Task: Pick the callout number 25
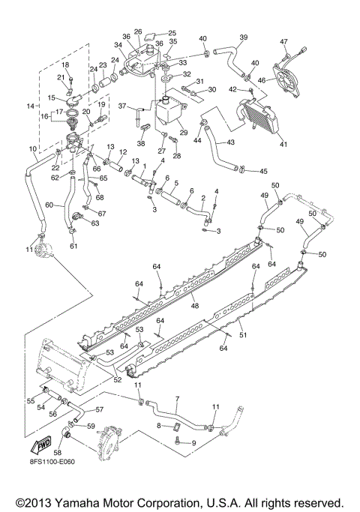(x=172, y=34)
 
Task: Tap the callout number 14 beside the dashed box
(x=30, y=107)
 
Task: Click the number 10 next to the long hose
(x=32, y=150)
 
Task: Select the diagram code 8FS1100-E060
(x=53, y=472)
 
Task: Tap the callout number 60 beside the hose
(x=49, y=204)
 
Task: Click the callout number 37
(x=121, y=106)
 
